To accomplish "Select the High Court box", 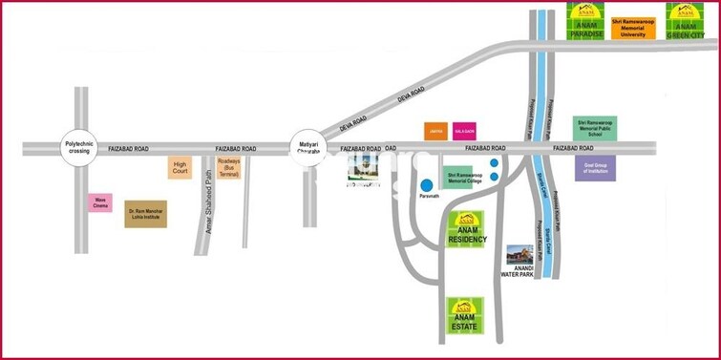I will (180, 167).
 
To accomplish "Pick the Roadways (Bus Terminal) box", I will (228, 168).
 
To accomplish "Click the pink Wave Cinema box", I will (100, 202).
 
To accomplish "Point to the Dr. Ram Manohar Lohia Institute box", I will (146, 213).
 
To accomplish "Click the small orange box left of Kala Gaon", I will (435, 131).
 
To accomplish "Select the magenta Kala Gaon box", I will (464, 131).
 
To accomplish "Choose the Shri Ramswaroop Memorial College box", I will (464, 179).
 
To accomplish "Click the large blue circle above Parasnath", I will (427, 184).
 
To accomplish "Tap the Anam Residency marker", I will (467, 229).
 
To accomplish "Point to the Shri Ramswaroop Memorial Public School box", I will (595, 129).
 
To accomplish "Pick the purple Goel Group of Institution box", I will (595, 168).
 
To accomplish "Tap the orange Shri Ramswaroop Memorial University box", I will (634, 26).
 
